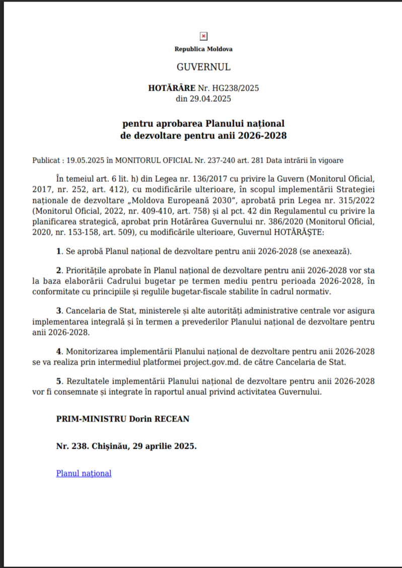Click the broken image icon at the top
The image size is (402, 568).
click(x=204, y=36)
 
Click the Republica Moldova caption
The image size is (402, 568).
click(x=204, y=49)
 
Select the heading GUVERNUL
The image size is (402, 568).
click(x=204, y=67)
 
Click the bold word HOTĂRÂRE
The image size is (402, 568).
click(x=171, y=88)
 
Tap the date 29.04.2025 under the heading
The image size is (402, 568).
click(x=210, y=99)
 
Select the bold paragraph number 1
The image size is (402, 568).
click(x=59, y=251)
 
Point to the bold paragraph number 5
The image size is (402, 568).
click(x=59, y=380)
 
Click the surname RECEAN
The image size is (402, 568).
click(x=173, y=418)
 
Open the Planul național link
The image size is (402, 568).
click(x=84, y=473)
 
